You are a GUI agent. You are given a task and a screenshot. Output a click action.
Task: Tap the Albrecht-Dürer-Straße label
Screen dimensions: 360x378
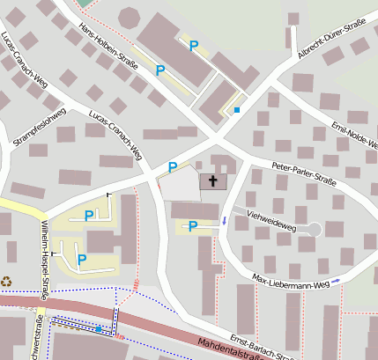coord(331,41)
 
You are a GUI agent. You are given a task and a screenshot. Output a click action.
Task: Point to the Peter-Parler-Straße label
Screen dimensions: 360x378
coord(304,173)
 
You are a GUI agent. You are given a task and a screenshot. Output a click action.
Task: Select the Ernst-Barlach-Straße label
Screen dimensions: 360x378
coord(261,346)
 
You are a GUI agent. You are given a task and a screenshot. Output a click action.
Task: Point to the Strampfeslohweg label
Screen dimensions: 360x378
coord(39,127)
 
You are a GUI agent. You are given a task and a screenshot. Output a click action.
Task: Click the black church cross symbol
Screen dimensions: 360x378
coord(212,180)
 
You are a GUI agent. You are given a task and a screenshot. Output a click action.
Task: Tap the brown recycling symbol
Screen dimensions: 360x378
coord(7,282)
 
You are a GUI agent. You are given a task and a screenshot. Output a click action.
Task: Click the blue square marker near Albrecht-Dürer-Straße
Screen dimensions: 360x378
coord(236,110)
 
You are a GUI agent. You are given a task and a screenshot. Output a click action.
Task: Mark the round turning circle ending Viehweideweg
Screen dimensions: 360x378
coord(312,230)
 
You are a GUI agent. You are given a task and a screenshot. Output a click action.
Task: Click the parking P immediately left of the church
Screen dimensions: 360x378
coord(173,167)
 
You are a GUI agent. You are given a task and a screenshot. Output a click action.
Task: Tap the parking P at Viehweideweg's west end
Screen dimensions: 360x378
coord(193,226)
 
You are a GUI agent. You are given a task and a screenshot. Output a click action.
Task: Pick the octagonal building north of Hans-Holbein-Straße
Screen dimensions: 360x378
coord(129,18)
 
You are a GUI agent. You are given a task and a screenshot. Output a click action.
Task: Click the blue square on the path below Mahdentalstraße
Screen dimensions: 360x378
coord(99,329)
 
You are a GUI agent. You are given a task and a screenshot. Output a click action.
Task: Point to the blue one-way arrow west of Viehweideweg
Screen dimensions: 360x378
coord(224,220)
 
